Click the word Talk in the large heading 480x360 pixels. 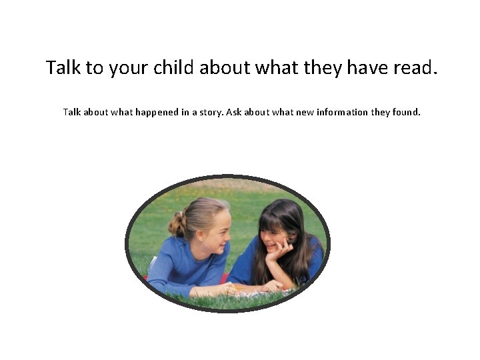click(62, 67)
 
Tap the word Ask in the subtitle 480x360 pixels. click(233, 112)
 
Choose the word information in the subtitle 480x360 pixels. click(342, 112)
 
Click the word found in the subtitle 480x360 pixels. click(406, 112)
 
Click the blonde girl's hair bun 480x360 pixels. click(177, 224)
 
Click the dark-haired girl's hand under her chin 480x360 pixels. click(279, 251)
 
